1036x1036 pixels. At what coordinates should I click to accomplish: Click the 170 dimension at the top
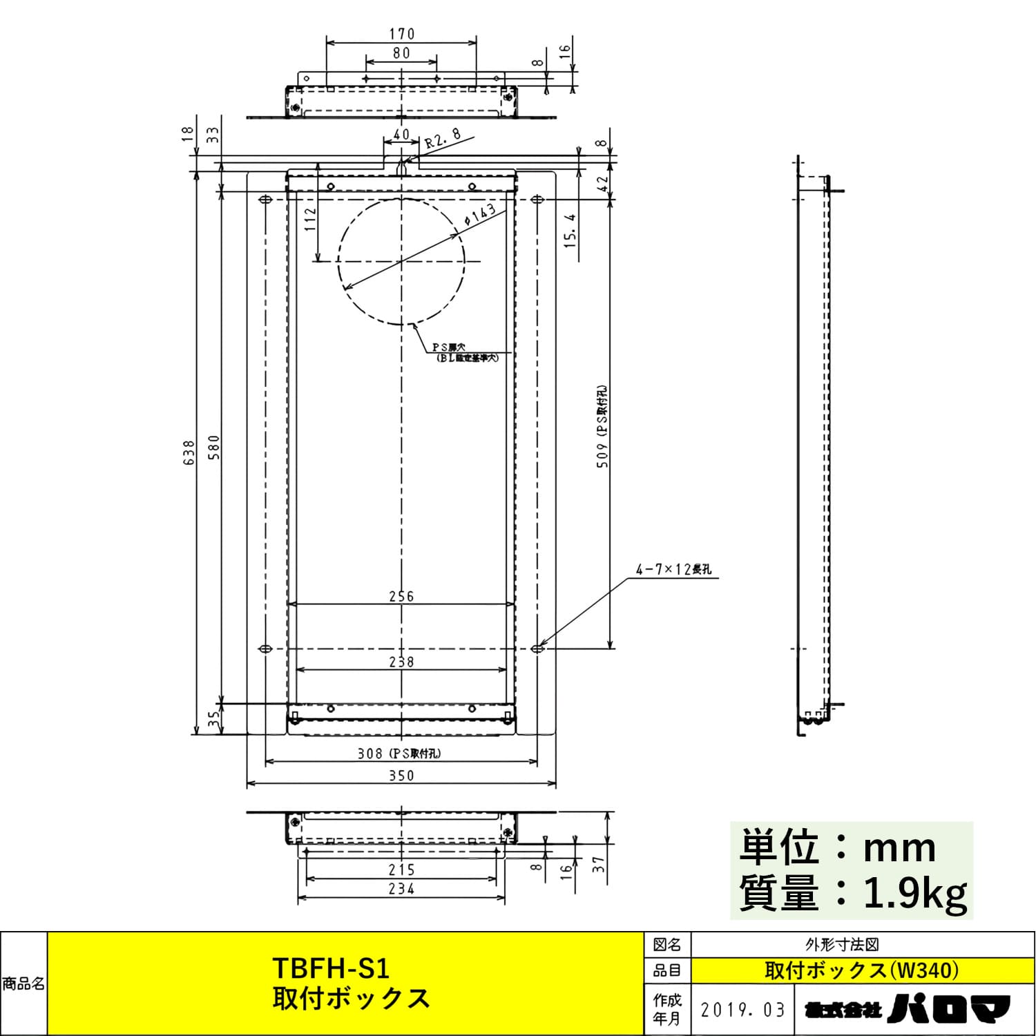pyautogui.click(x=401, y=33)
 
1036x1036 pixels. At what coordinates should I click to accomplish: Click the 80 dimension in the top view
pyautogui.click(x=401, y=53)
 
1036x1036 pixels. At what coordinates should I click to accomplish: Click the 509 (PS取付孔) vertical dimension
pyautogui.click(x=603, y=427)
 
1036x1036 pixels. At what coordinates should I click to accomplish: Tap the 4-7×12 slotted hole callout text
pyautogui.click(x=673, y=570)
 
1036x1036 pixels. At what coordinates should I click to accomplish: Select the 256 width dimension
pyautogui.click(x=401, y=596)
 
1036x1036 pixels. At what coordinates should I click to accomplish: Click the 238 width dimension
pyautogui.click(x=401, y=662)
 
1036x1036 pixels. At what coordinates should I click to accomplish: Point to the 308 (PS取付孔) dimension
pyautogui.click(x=399, y=754)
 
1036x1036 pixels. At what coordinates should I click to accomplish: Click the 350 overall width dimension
pyautogui.click(x=401, y=776)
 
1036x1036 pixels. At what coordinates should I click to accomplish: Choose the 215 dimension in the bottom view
pyautogui.click(x=401, y=870)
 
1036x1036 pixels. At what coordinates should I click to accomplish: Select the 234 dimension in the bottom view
pyautogui.click(x=401, y=889)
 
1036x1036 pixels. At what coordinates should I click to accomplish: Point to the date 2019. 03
pyautogui.click(x=743, y=1010)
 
